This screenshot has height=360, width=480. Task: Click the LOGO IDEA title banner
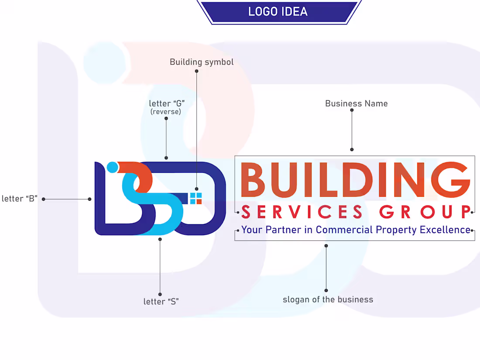tap(278, 12)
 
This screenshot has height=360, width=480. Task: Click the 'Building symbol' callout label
tap(202, 62)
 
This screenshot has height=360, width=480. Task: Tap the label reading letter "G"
tap(167, 103)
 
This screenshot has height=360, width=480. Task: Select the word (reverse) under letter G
tap(165, 112)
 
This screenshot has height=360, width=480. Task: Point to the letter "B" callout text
tap(19, 199)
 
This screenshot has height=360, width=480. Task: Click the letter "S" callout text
tap(161, 302)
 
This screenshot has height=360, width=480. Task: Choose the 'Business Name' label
tap(356, 103)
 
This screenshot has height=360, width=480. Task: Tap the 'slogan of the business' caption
tap(328, 299)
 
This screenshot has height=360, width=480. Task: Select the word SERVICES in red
tap(302, 213)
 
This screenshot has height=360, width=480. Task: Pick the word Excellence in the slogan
tap(445, 230)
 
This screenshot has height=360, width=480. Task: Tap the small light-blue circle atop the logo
tap(113, 167)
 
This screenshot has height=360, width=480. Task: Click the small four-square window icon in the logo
tap(195, 198)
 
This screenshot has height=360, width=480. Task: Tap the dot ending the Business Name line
tap(352, 150)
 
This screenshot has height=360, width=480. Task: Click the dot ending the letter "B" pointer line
tap(89, 199)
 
